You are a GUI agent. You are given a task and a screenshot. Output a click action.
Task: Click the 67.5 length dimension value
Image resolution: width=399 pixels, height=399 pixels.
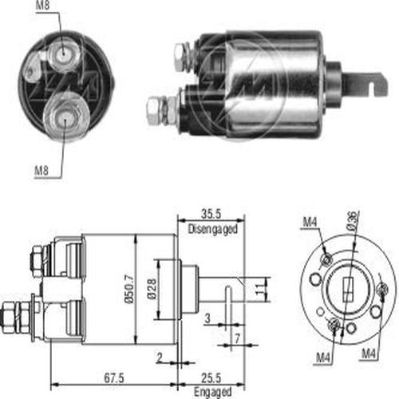pyautogui.click(x=114, y=377)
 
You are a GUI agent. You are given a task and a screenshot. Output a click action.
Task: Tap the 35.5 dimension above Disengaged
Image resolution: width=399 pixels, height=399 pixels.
pyautogui.click(x=211, y=214)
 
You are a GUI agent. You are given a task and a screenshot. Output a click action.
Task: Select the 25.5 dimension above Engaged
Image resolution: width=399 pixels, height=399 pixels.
pyautogui.click(x=211, y=377)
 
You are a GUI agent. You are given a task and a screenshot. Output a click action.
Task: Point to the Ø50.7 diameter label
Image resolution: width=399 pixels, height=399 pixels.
pyautogui.click(x=129, y=289)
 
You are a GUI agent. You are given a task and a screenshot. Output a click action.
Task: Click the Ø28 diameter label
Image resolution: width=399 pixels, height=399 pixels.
pyautogui.click(x=152, y=289)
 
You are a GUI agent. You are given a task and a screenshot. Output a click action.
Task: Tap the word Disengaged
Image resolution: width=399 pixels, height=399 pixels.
pyautogui.click(x=213, y=229)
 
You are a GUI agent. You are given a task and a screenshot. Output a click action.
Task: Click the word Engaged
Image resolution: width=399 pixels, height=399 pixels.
pyautogui.click(x=212, y=392)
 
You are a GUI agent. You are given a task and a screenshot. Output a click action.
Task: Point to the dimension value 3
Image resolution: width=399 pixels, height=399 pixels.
pyautogui.click(x=207, y=318)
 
